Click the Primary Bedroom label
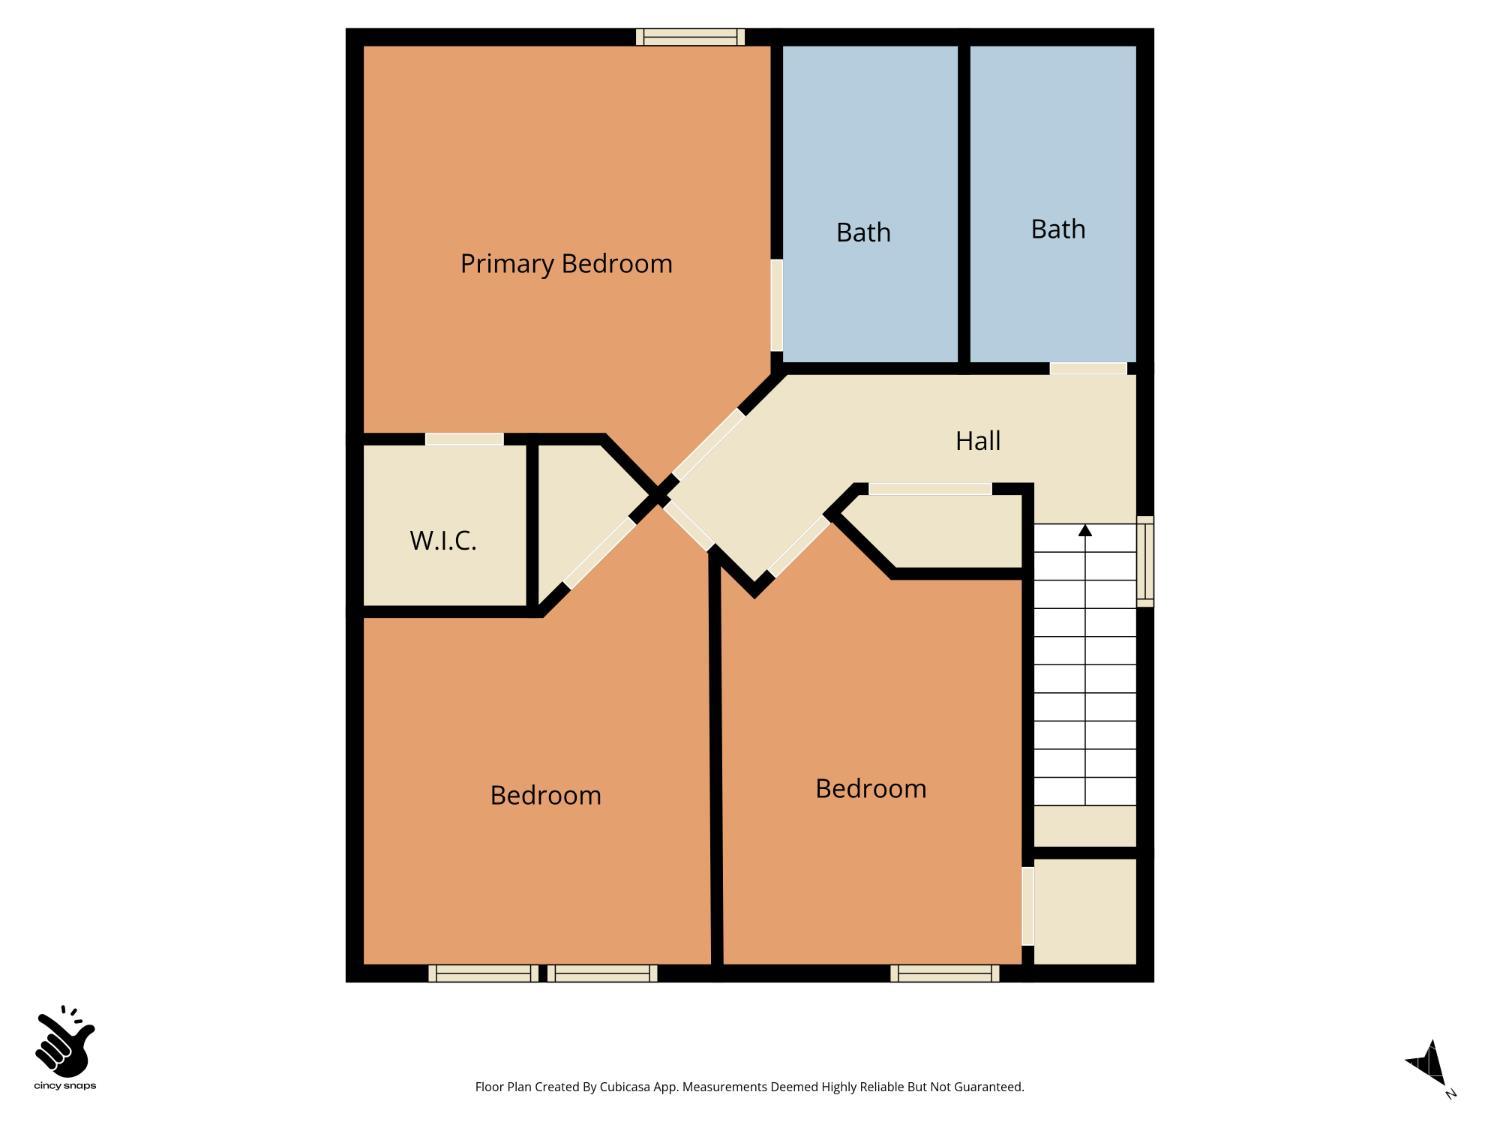pyautogui.click(x=566, y=264)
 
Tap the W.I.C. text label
pyautogui.click(x=443, y=541)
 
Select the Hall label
pyautogui.click(x=977, y=441)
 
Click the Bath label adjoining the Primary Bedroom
pyautogui.click(x=863, y=233)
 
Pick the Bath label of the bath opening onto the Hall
pyautogui.click(x=1058, y=230)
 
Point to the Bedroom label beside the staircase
pyautogui.click(x=870, y=789)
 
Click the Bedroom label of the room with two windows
pyautogui.click(x=545, y=796)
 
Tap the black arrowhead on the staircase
pyautogui.click(x=1085, y=530)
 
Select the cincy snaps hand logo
pyautogui.click(x=65, y=1045)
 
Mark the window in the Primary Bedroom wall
pyautogui.click(x=690, y=37)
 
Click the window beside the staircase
pyautogui.click(x=1146, y=561)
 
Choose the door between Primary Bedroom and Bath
pyautogui.click(x=776, y=305)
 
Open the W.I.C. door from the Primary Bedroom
pyautogui.click(x=464, y=439)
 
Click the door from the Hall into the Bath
pyautogui.click(x=1088, y=368)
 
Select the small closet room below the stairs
pyautogui.click(x=1084, y=910)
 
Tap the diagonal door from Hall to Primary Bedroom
pyautogui.click(x=708, y=444)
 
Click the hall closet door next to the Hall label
pyautogui.click(x=930, y=489)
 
